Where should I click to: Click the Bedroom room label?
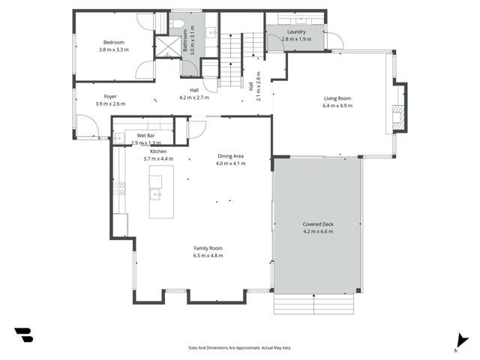(x=114, y=42)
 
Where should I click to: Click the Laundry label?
(x=295, y=31)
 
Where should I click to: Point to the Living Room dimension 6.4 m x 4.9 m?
(x=337, y=106)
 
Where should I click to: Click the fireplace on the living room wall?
(x=400, y=107)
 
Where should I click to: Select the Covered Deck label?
(x=318, y=224)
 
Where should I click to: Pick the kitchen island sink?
(x=157, y=194)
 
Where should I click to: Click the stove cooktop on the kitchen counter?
(x=120, y=188)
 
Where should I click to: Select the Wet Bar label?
(x=145, y=135)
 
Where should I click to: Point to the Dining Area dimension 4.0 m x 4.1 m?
(x=230, y=163)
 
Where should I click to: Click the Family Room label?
(x=208, y=248)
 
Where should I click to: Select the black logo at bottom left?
(x=24, y=334)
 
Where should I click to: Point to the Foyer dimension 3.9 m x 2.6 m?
(x=110, y=103)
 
